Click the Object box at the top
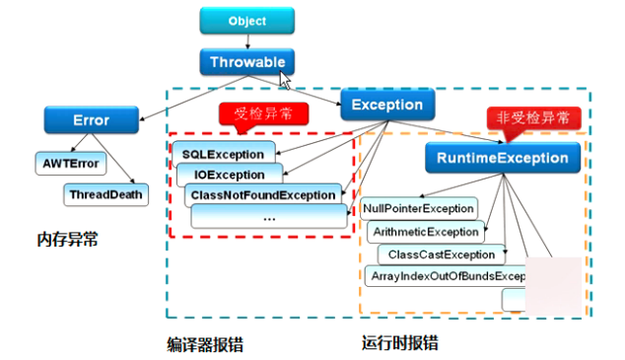pos(246,21)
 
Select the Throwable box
pos(245,61)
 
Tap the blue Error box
pos(91,120)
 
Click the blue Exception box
pos(387,105)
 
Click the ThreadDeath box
pos(105,194)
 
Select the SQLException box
pos(223,155)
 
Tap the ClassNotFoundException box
pos(261,195)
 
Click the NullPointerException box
pos(419,209)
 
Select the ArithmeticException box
pos(426,232)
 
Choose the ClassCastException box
pos(441,254)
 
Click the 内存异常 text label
pos(68,240)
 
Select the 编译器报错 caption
pos(205,344)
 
